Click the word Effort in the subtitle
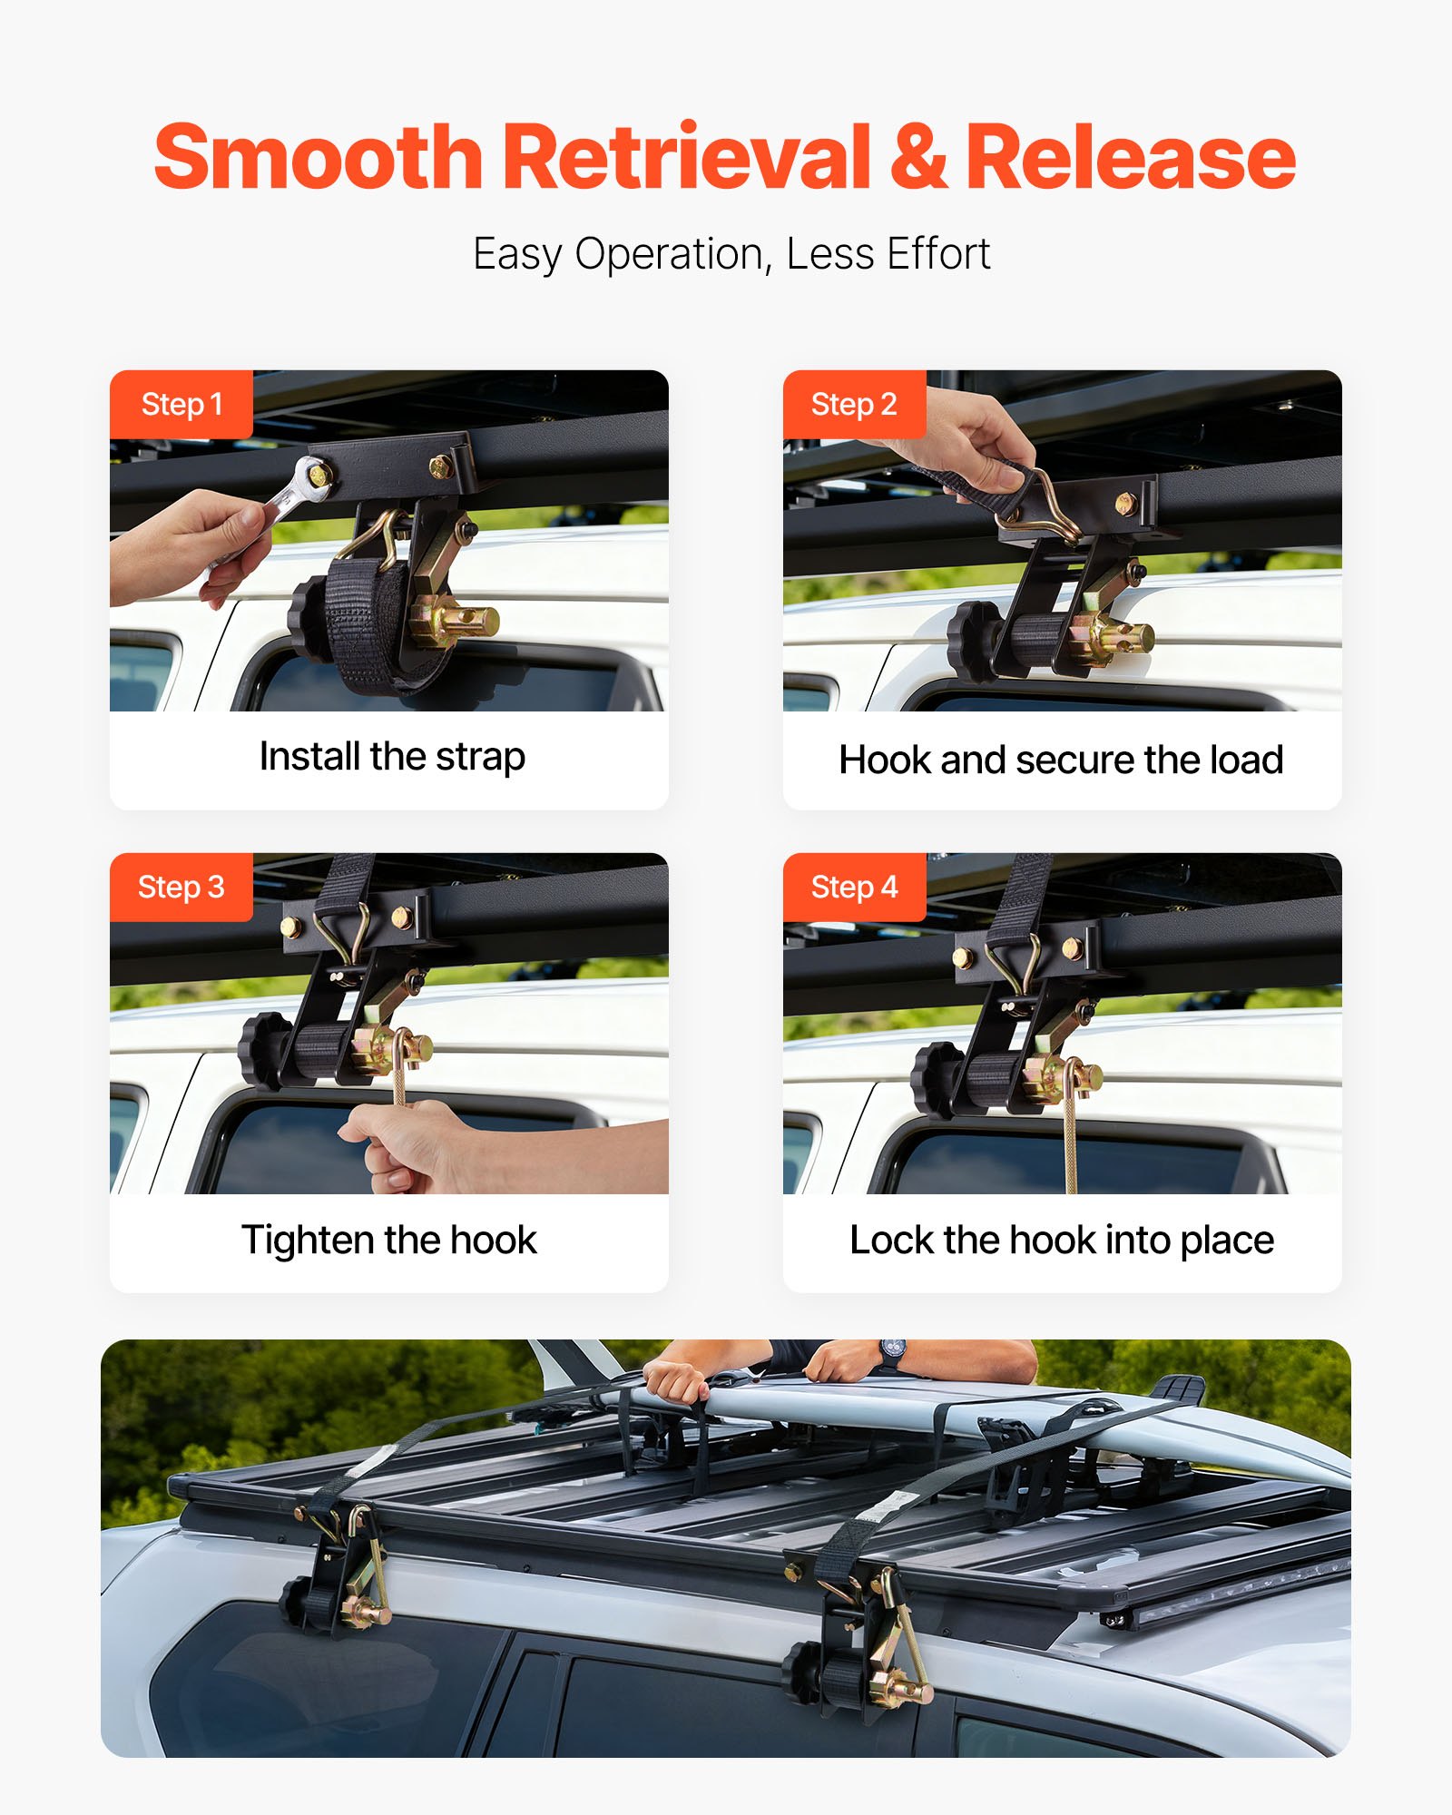pyautogui.click(x=938, y=254)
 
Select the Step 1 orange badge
pyautogui.click(x=181, y=404)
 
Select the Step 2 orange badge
pyautogui.click(x=854, y=404)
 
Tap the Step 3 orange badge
pyautogui.click(x=181, y=887)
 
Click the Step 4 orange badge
pyautogui.click(x=854, y=887)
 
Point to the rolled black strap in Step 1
pyautogui.click(x=372, y=626)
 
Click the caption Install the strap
pyautogui.click(x=392, y=757)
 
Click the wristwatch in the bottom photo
pyautogui.click(x=892, y=1352)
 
